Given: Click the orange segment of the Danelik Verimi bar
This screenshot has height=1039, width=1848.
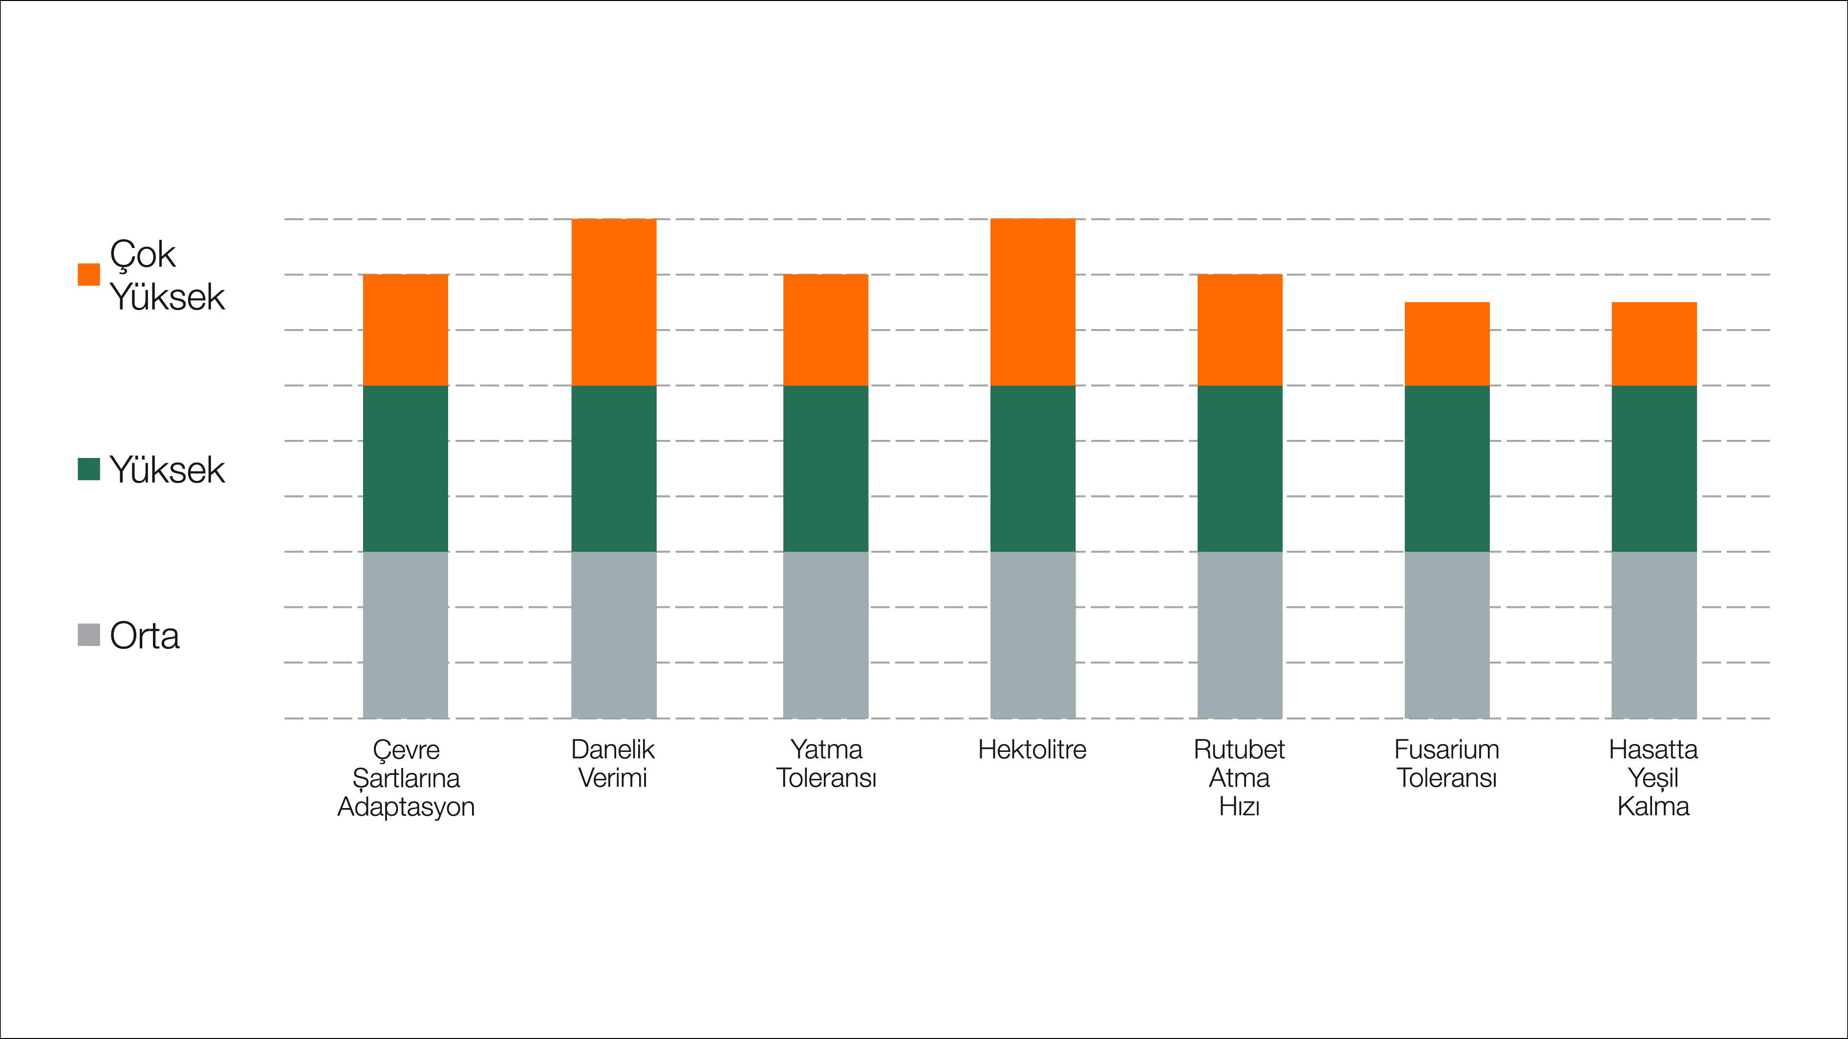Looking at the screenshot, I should pos(613,302).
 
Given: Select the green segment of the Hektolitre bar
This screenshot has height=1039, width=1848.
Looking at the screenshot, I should pos(1032,468).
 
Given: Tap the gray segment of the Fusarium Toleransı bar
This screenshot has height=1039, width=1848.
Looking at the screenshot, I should pos(1446,635).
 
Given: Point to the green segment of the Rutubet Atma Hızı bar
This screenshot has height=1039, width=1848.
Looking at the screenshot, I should pos(1239,468).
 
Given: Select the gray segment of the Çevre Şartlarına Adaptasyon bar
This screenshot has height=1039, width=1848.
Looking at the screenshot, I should pos(406,635).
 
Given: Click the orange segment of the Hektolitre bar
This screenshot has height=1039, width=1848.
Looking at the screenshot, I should pos(1032,302).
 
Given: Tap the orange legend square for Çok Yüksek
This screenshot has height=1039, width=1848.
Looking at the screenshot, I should pos(89,274).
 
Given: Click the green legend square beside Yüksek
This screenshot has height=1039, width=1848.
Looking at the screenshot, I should pos(89,470).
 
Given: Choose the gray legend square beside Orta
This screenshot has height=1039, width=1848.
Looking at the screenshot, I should pos(89,635).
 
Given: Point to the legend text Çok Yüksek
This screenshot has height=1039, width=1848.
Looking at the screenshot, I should pos(167,275).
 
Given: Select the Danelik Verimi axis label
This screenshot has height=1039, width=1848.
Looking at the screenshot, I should pos(613,764).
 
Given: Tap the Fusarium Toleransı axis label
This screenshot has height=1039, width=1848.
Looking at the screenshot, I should pos(1446,764).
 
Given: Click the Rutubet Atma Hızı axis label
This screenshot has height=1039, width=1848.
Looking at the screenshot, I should pos(1239,778).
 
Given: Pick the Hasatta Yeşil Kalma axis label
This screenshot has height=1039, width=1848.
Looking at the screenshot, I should pos(1653,778).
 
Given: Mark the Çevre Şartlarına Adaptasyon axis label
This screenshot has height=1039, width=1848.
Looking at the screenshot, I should pos(406,778).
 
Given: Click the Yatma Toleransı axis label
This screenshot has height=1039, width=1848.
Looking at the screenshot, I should pos(826,764).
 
